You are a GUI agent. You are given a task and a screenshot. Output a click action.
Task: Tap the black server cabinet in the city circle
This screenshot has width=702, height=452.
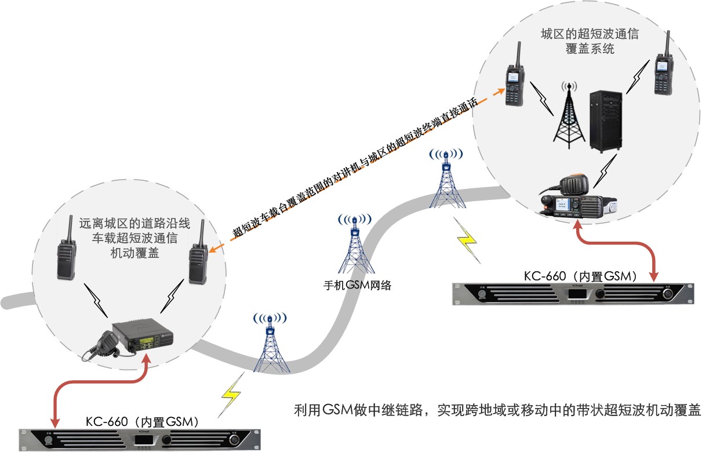pyautogui.click(x=606, y=121)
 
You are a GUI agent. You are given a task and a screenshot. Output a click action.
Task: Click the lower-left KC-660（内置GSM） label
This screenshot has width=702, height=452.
pyautogui.click(x=143, y=421)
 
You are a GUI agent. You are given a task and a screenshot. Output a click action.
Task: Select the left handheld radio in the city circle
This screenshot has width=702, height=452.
pyautogui.click(x=514, y=78)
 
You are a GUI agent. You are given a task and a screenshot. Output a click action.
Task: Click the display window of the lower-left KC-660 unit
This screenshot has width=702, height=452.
pyautogui.click(x=142, y=440)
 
